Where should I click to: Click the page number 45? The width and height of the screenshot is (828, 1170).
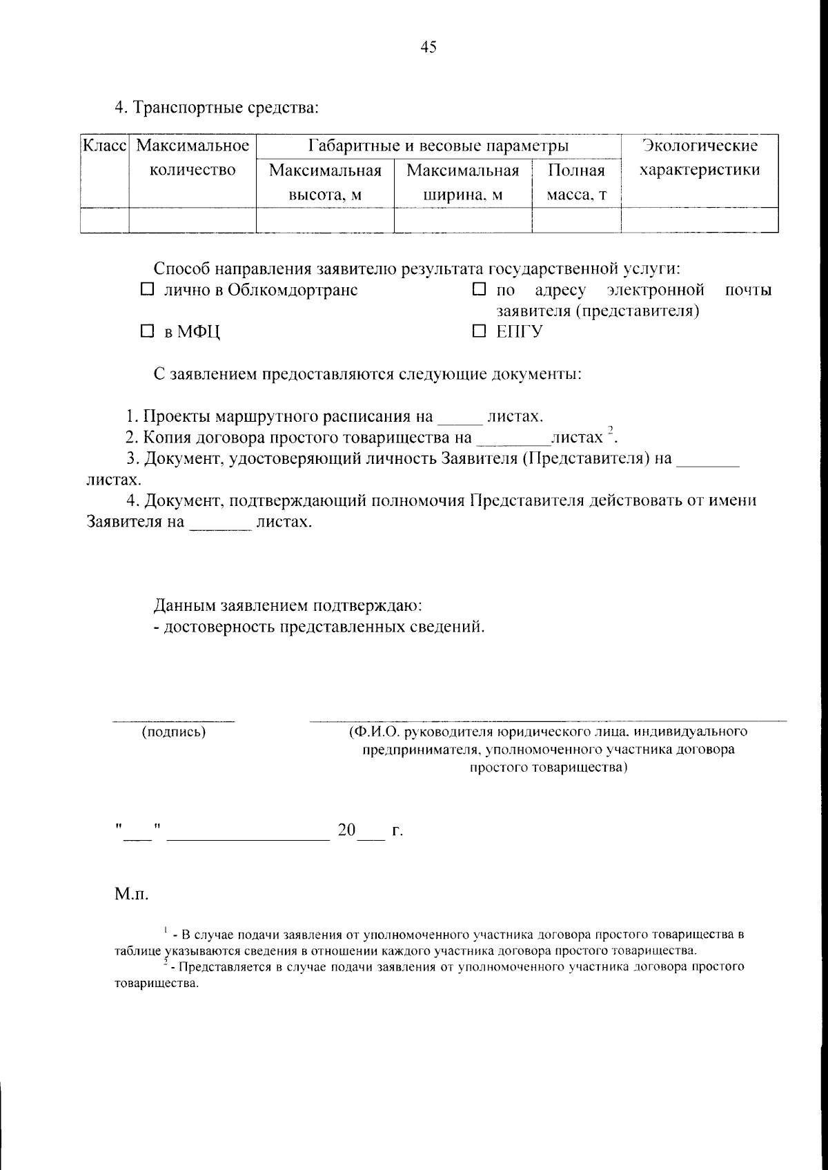[x=428, y=47]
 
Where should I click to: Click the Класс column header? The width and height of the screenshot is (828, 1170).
[x=104, y=146]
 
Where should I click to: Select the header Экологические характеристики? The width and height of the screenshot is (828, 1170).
[x=699, y=158]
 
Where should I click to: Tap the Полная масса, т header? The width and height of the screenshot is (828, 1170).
[x=576, y=182]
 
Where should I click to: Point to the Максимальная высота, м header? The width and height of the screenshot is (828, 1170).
[x=325, y=182]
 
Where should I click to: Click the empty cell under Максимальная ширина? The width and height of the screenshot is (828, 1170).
[x=462, y=220]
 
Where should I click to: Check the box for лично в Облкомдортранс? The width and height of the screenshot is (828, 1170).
[x=146, y=290]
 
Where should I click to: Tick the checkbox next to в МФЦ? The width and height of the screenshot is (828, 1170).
[x=146, y=332]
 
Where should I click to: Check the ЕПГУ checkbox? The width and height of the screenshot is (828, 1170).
[x=479, y=332]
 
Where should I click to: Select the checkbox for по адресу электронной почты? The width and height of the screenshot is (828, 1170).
[x=479, y=290]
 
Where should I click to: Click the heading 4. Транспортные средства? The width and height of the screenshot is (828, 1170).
[x=216, y=108]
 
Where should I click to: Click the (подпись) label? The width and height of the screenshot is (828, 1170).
[x=173, y=732]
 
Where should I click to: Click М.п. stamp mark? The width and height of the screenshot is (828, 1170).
[x=131, y=895]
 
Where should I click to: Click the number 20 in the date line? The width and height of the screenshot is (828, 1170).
[x=346, y=830]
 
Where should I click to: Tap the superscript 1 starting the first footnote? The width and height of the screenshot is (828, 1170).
[x=166, y=932]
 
